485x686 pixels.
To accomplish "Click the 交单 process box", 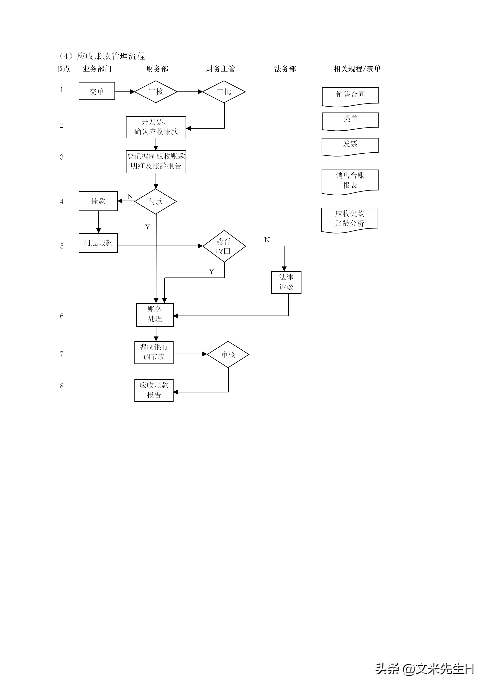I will (97, 91).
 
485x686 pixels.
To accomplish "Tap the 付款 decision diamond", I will (156, 201).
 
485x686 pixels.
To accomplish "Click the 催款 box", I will (98, 201).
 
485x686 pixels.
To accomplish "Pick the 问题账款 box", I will (98, 243).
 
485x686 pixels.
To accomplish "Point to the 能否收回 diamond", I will (224, 246).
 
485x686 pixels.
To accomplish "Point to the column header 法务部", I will (285, 69).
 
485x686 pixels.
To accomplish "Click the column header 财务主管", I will (220, 69).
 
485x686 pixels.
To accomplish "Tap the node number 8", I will (62, 386).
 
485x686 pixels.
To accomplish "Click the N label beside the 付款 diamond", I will (130, 197).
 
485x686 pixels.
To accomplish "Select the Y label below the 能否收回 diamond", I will (211, 272).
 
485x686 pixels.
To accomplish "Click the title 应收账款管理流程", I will (111, 56).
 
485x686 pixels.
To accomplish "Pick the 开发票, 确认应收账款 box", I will (156, 127).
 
